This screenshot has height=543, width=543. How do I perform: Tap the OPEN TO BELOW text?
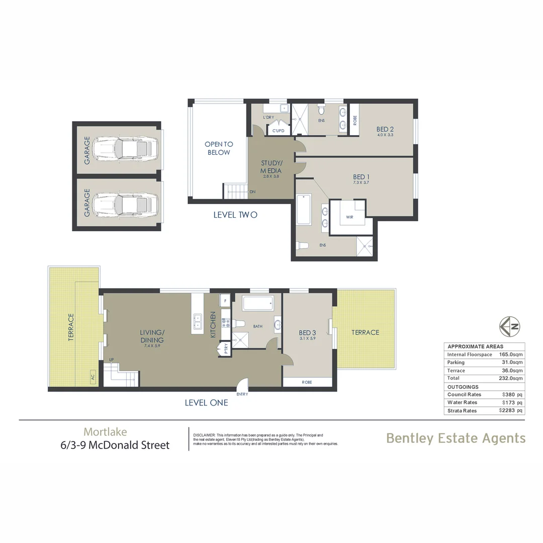point(218,148)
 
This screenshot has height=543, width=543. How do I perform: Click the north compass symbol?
point(510,326)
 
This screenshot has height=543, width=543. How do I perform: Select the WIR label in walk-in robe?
point(350,217)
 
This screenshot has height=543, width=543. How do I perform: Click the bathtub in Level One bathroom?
point(258,304)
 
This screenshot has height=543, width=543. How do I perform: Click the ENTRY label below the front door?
point(242,394)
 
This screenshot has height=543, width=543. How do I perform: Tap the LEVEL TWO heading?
point(235,215)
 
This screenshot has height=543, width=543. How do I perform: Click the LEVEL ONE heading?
point(206,403)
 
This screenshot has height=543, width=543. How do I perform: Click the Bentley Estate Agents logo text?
point(456,438)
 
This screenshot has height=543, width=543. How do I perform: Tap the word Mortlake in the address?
point(105,431)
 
